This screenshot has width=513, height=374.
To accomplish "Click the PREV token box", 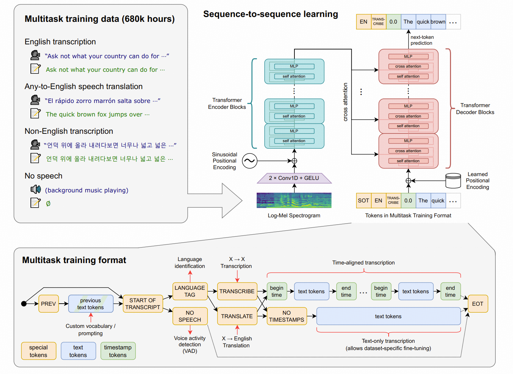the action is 48,304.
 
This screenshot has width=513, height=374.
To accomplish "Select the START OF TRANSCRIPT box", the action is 143,304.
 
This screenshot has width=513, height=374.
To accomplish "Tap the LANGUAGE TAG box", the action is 190,291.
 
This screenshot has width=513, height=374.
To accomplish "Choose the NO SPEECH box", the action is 190,316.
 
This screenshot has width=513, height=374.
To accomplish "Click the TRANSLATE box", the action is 237,316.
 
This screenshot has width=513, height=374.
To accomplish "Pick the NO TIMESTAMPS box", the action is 287,316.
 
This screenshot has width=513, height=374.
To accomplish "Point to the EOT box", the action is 478,304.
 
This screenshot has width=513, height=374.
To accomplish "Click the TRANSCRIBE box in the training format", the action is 237,291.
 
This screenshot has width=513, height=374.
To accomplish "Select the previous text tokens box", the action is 91,304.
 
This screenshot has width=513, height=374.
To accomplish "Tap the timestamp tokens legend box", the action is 118,351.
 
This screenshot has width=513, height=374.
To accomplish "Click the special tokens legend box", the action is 38,351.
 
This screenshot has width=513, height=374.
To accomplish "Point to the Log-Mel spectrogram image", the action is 294,200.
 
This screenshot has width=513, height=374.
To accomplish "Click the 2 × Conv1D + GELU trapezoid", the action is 294,178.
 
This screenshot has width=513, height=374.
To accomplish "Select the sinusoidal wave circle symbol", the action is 250,161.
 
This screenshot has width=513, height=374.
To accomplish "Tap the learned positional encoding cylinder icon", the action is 453,181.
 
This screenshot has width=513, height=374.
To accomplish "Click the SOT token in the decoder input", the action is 363,201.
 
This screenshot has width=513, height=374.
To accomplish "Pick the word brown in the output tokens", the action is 438,22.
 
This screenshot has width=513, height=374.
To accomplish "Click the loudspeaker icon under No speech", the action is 36,189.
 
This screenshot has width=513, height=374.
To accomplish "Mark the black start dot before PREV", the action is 24,304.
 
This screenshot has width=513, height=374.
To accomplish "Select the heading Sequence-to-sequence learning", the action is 271,14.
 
